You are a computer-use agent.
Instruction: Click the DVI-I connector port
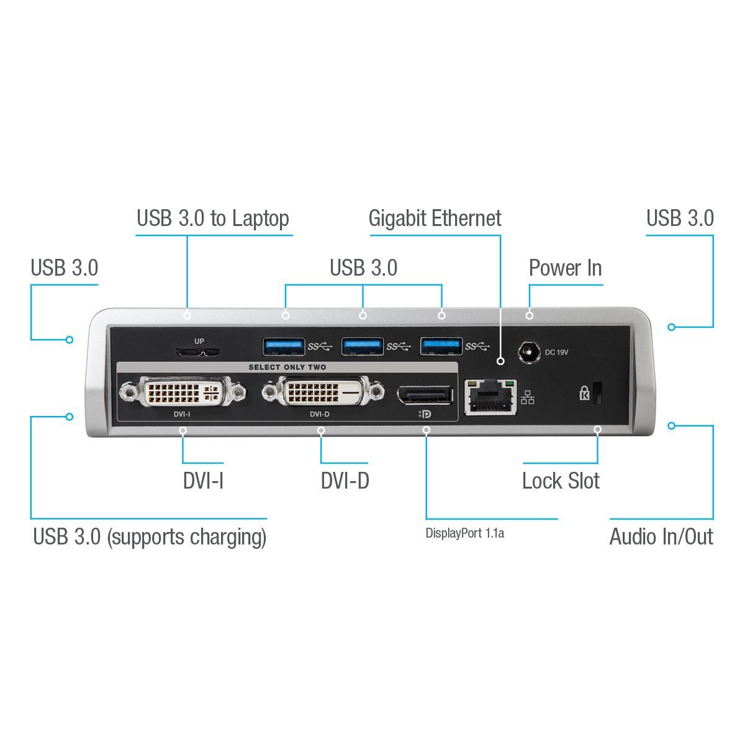point(182,393)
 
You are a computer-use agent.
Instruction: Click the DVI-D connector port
point(320,393)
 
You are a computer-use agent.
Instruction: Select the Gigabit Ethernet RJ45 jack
point(491,397)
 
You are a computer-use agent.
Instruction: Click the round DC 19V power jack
point(529,352)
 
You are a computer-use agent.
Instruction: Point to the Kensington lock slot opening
point(598,393)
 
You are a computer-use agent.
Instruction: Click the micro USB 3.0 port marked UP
point(198,352)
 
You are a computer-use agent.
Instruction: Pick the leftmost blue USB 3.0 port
point(284,346)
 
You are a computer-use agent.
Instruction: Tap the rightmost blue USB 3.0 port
point(441,346)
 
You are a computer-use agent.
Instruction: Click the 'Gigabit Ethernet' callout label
point(435,219)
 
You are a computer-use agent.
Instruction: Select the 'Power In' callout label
point(565,268)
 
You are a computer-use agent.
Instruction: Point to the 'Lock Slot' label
point(561,481)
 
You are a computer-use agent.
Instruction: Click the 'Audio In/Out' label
point(661,536)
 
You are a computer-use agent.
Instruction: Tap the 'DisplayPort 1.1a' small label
point(464,533)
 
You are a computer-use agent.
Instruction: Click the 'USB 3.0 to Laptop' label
point(213,219)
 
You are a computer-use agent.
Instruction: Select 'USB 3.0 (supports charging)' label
point(150,536)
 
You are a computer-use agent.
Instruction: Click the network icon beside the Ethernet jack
point(528,397)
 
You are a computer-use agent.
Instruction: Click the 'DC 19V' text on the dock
point(556,353)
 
